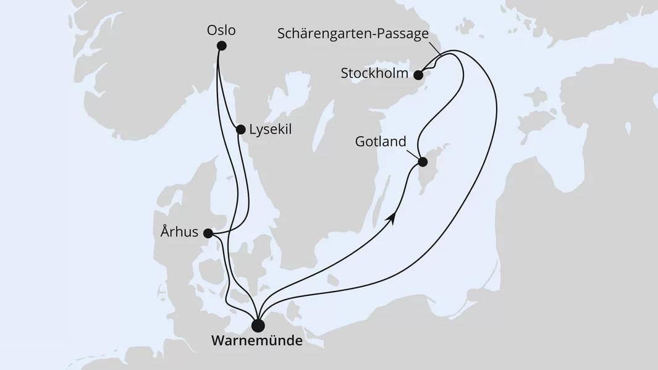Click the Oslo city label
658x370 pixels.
[x=222, y=30]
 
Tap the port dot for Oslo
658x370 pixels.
[x=222, y=46]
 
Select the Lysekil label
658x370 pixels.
[x=270, y=130]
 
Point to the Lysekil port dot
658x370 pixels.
[x=241, y=130]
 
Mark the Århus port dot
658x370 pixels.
[x=208, y=233]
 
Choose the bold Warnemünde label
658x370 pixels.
[x=257, y=340]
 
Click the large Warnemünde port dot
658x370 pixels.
[x=258, y=325]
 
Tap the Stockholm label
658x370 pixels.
[x=374, y=74]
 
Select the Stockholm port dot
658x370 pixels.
[x=418, y=75]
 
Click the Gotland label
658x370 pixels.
[x=381, y=141]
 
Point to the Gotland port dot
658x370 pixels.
[x=423, y=162]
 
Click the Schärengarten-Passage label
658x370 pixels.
[x=353, y=34]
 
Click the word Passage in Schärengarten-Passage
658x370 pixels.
[x=402, y=34]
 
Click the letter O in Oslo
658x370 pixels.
[x=212, y=30]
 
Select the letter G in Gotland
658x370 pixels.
[x=360, y=141]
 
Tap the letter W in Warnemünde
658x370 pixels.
[x=218, y=340]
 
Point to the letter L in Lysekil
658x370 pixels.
[x=252, y=130]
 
